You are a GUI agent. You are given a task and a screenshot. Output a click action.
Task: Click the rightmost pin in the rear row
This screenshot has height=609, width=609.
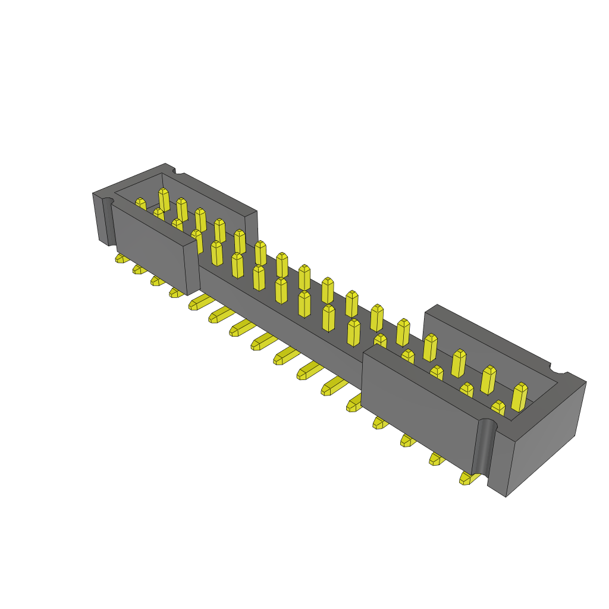[x=519, y=397]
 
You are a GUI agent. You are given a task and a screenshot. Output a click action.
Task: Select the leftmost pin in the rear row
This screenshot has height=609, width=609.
[x=164, y=199]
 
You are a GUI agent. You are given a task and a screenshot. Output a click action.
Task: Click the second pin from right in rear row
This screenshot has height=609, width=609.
[x=488, y=379]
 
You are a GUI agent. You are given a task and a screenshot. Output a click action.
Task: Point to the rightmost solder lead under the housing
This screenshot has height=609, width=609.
[x=467, y=478]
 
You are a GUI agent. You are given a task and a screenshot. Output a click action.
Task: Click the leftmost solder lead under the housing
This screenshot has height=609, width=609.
[x=121, y=258]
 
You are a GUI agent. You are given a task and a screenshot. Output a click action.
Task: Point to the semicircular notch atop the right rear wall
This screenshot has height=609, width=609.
[x=558, y=369]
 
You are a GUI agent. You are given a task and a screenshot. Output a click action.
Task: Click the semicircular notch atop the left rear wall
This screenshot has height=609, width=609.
[x=178, y=171]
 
